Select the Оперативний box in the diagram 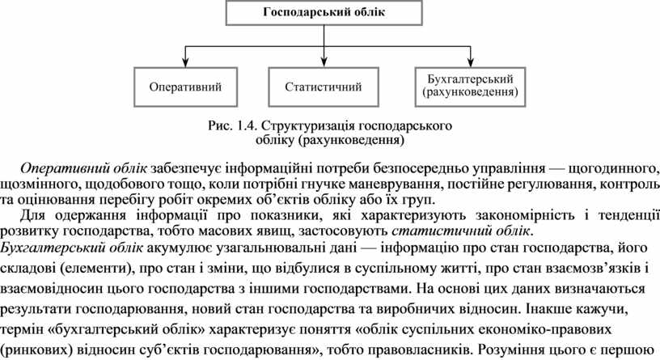185,86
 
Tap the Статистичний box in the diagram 324,86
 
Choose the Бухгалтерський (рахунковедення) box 470,86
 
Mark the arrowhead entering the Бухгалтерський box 470,64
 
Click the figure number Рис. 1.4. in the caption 232,126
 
